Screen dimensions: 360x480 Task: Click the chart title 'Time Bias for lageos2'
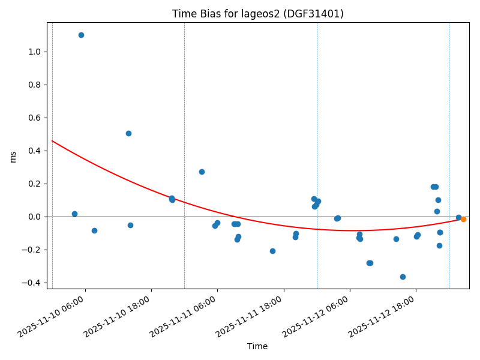click(x=257, y=14)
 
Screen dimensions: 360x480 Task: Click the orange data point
click(x=463, y=219)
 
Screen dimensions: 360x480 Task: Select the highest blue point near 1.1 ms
click(x=81, y=35)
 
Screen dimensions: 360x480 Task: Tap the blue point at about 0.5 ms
click(x=128, y=133)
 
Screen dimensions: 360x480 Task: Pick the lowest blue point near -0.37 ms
click(x=403, y=277)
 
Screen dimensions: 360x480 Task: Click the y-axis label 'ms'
click(x=13, y=156)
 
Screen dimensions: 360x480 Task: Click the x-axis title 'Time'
click(x=257, y=346)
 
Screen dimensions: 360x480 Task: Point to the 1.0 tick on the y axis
click(x=34, y=52)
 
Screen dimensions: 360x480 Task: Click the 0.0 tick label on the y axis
click(x=34, y=217)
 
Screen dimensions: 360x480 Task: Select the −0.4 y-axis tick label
click(x=31, y=283)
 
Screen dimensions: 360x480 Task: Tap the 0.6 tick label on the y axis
click(x=34, y=118)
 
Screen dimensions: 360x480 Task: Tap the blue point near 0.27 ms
click(x=202, y=172)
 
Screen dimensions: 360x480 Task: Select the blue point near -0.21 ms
click(x=272, y=251)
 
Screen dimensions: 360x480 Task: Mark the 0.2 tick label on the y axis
click(x=34, y=184)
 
